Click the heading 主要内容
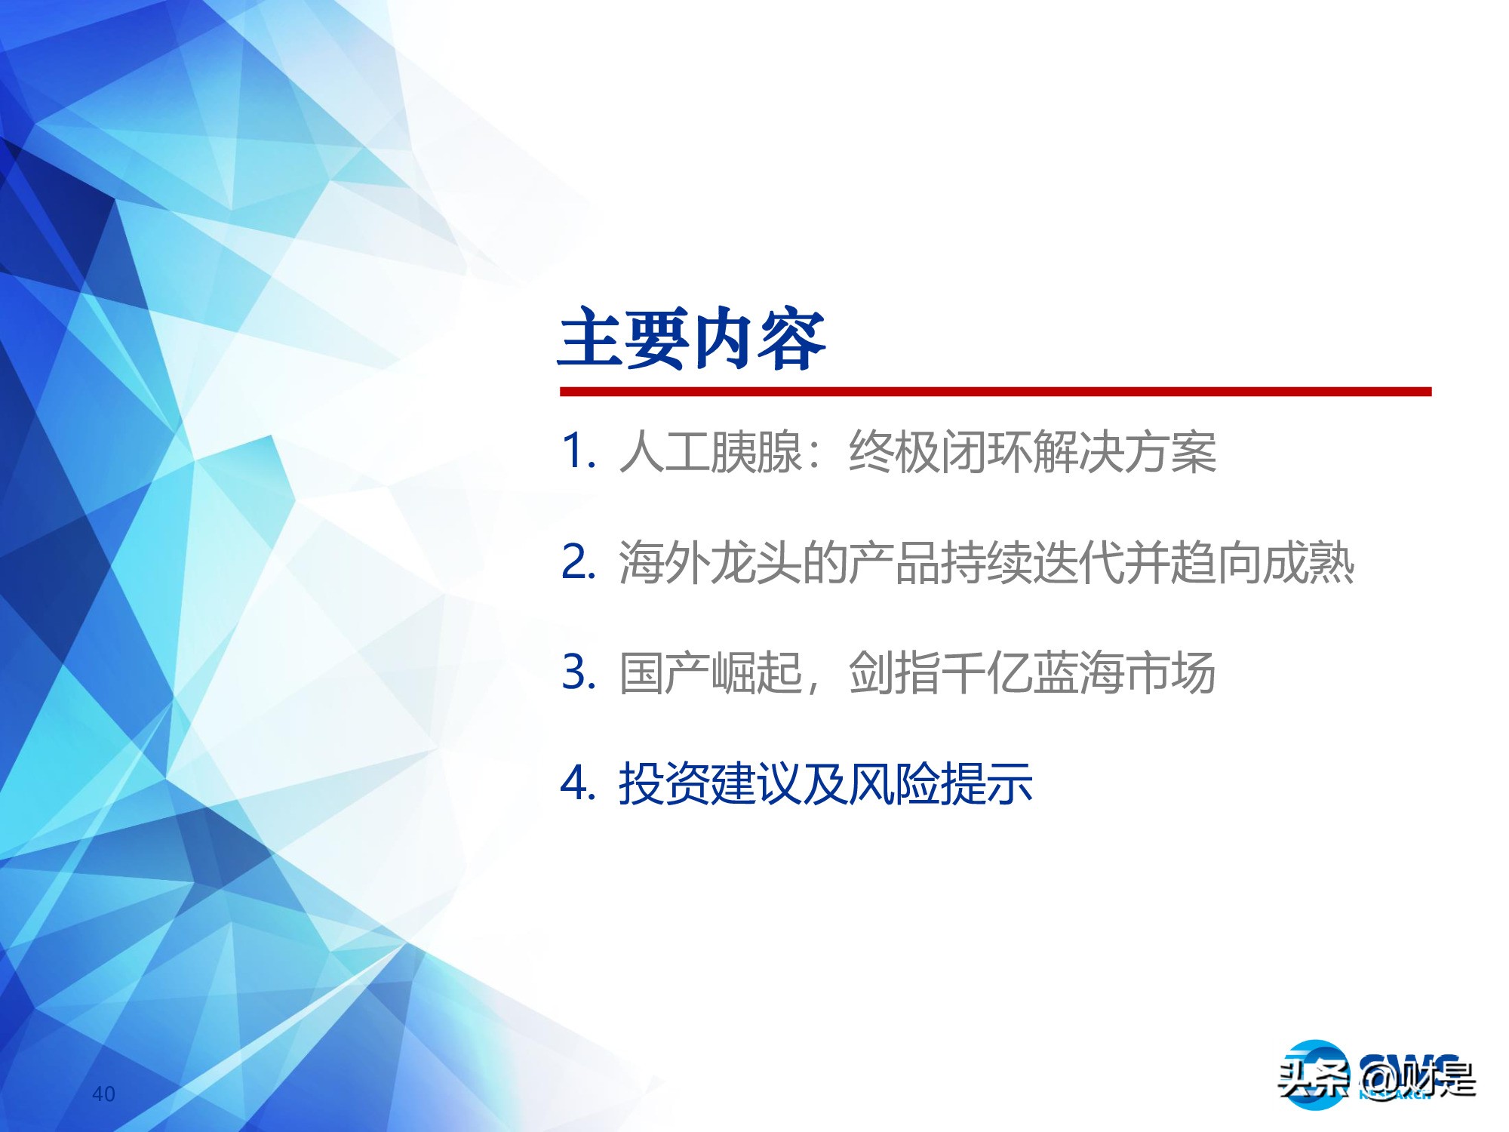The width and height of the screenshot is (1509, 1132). click(x=692, y=339)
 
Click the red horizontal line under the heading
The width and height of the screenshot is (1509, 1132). click(x=994, y=392)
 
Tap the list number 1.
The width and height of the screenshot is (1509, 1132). click(x=578, y=452)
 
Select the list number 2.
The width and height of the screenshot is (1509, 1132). click(x=578, y=562)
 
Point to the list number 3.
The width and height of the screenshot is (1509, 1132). click(x=578, y=672)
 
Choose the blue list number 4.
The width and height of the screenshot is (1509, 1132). click(x=578, y=783)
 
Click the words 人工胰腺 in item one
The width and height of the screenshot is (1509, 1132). click(x=709, y=453)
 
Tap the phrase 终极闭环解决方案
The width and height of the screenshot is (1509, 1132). click(x=1032, y=453)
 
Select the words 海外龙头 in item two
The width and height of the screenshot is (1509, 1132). click(x=709, y=563)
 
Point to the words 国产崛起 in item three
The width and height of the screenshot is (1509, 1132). click(x=709, y=673)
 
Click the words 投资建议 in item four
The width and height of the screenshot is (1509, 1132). click(x=709, y=783)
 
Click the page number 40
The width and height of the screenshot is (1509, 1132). click(x=103, y=1094)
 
